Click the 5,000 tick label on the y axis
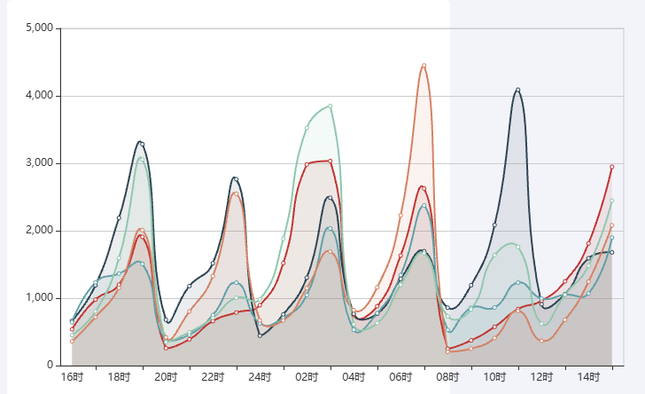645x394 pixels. pyautogui.click(x=40, y=28)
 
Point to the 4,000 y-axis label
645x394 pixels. pyautogui.click(x=40, y=96)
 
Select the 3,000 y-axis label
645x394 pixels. pyautogui.click(x=40, y=163)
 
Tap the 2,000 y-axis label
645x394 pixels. pyautogui.click(x=40, y=231)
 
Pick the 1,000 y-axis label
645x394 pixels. pyautogui.click(x=40, y=298)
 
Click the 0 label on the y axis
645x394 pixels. pyautogui.click(x=51, y=366)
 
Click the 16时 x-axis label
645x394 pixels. pyautogui.click(x=72, y=378)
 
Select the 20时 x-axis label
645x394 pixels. pyautogui.click(x=166, y=378)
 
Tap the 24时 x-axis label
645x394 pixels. pyautogui.click(x=260, y=378)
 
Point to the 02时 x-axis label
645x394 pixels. pyautogui.click(x=307, y=378)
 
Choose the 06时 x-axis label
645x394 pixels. pyautogui.click(x=400, y=378)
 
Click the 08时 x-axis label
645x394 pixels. pyautogui.click(x=447, y=378)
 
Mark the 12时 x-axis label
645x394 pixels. pyautogui.click(x=541, y=378)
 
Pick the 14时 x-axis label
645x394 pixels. pyautogui.click(x=588, y=378)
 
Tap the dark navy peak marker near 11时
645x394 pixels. pyautogui.click(x=518, y=91)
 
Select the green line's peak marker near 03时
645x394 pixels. pyautogui.click(x=330, y=106)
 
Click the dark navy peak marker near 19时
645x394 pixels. pyautogui.click(x=142, y=144)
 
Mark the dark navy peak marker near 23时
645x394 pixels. pyautogui.click(x=236, y=179)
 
